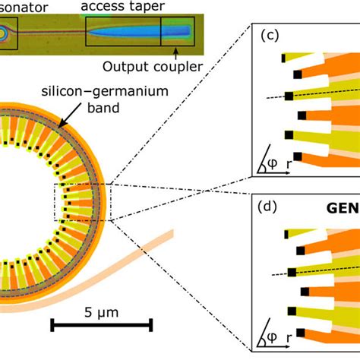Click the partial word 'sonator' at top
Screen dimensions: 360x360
click(x=22, y=7)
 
